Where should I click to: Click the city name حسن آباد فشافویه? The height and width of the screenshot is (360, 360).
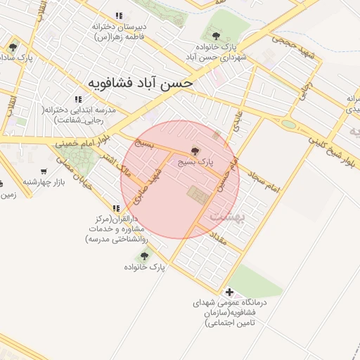coord(141,82)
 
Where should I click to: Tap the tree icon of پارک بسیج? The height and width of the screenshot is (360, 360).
coord(195,150)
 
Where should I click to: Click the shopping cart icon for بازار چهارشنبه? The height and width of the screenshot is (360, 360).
coord(44,171)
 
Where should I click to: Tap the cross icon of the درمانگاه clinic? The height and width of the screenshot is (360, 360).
coord(229,292)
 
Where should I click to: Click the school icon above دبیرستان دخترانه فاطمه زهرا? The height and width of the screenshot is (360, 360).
coord(119,15)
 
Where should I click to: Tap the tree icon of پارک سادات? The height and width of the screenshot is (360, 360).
coord(13,48)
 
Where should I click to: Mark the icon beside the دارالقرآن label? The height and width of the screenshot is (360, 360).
coord(116,208)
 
